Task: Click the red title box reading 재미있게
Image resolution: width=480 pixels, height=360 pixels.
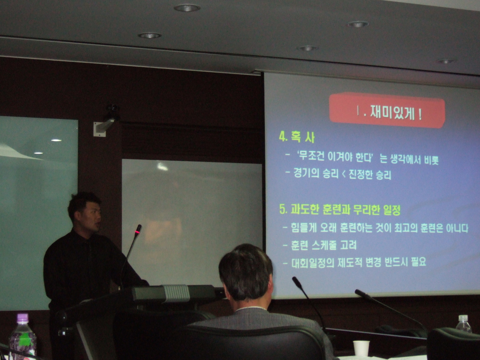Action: click(387, 110)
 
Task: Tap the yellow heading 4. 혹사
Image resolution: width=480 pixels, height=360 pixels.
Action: click(297, 137)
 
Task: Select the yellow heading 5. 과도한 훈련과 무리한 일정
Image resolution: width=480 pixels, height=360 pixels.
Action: click(340, 210)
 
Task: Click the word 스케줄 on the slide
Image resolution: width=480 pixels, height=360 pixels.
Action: click(324, 245)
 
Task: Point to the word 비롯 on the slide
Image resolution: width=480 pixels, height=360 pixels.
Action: click(431, 160)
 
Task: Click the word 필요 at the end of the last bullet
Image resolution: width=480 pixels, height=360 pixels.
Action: click(419, 262)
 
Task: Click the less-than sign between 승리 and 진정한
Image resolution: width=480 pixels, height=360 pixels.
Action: click(344, 174)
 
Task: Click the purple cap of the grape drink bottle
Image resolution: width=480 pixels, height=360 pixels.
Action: click(22, 318)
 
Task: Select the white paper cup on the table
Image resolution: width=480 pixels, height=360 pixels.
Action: click(361, 348)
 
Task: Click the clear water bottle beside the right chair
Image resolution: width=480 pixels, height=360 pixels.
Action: click(464, 324)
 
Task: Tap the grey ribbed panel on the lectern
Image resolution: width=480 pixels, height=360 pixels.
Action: click(176, 293)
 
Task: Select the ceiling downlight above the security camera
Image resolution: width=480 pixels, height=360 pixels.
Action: click(150, 36)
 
